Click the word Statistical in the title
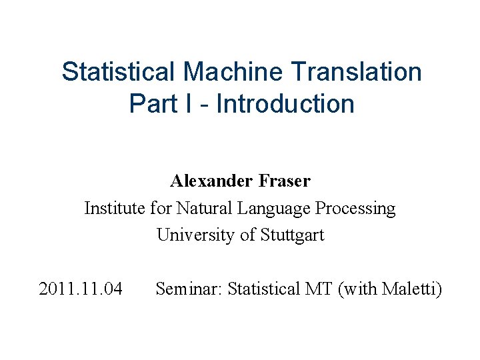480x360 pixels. [x=118, y=71]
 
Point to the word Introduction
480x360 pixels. [x=285, y=104]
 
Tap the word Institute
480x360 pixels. [x=114, y=208]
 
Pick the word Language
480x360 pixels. [x=272, y=209]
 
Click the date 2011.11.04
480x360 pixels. [x=81, y=289]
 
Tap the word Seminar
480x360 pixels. [x=189, y=289]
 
